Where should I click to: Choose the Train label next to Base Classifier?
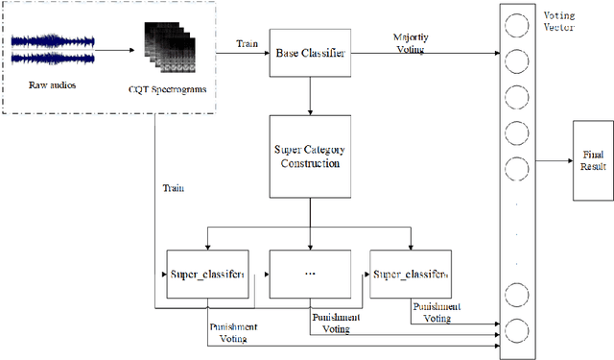click(x=246, y=43)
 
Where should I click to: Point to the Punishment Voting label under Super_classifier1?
click(x=233, y=331)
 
